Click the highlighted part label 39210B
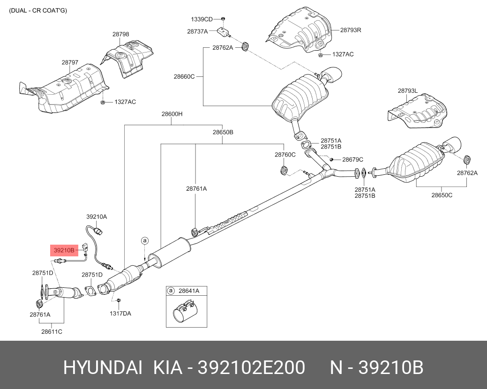point(63,250)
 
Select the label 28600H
point(172,114)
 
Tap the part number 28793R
point(351,30)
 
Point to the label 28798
point(120,34)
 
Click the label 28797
point(70,62)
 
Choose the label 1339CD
point(202,19)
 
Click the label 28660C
point(184,76)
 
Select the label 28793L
point(408,91)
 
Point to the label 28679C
point(352,160)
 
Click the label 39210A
point(97,217)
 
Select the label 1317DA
point(120,313)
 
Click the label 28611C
point(52,331)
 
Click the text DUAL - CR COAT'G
point(38,10)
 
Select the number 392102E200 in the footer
point(251,367)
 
